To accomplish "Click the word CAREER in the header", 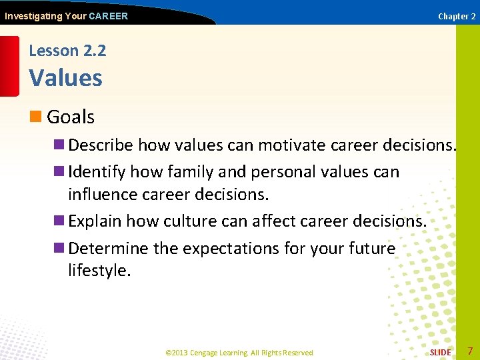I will coord(108,16).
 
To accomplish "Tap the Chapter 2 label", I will coord(457,16).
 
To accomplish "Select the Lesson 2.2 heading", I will coord(67,51).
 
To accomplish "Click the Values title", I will coord(65,78).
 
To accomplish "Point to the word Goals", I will coord(71,117).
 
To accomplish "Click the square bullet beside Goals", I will coord(36,117).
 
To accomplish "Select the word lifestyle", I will coord(98,271).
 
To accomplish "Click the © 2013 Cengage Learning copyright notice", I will coord(239,352).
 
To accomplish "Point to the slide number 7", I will coord(470,351).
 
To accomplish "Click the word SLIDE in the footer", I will coord(440,352).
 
